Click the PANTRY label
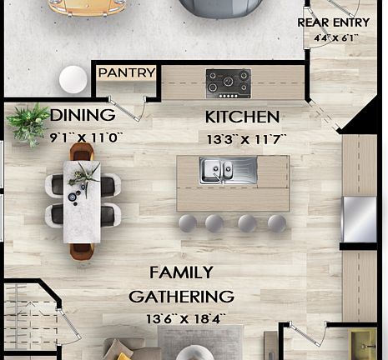point(127,73)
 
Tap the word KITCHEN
point(242,117)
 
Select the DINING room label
point(83,115)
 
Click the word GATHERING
point(181,296)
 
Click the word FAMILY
point(181,272)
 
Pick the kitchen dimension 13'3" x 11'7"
point(246,139)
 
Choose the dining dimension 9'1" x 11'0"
point(86,137)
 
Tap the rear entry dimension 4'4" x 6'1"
point(335,38)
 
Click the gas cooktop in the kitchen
point(228,82)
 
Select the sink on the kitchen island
point(228,171)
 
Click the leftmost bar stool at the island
point(188,223)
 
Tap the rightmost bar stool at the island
point(276,223)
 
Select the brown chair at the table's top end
point(82,152)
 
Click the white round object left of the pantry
point(73,80)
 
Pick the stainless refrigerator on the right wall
point(360,218)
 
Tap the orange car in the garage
point(87,7)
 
